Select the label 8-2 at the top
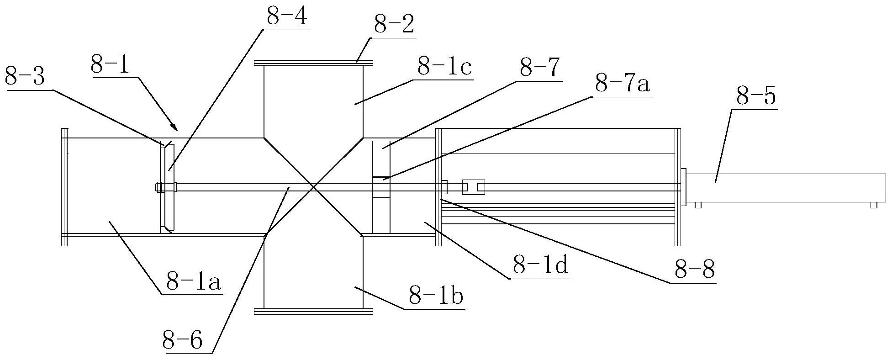point(394,26)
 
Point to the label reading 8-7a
point(622,85)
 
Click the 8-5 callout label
point(756,97)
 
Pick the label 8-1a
point(193,283)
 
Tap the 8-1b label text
point(435,297)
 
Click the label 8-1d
point(540,265)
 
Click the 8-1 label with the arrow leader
point(110,66)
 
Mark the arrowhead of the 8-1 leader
point(174,127)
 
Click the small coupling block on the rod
point(473,187)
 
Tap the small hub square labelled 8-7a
point(381,187)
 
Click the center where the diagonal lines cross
point(313,186)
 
